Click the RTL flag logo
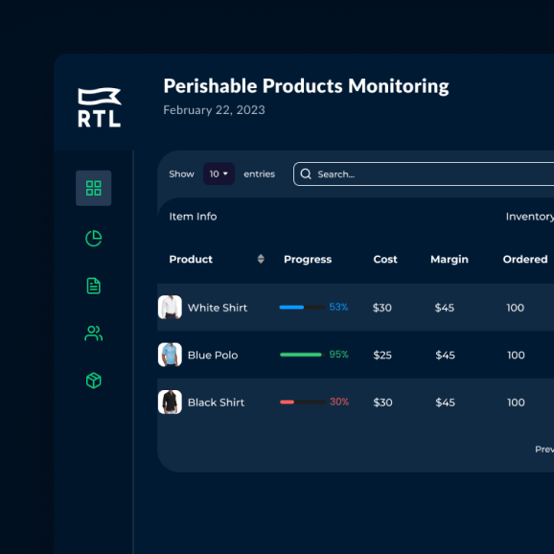coord(100,107)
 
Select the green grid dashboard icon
coord(94,188)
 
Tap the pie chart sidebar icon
coord(94,238)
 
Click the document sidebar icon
coord(94,286)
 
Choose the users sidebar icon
coord(94,334)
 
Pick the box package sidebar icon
coord(94,381)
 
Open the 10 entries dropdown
coord(219,173)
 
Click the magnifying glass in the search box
coord(306,173)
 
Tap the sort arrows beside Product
coord(261,259)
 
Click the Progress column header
coord(308,259)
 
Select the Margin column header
coord(450,259)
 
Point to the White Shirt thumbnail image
coord(170,307)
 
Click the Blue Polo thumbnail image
coord(170,355)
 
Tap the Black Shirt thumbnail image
coord(170,402)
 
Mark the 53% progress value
coord(338,307)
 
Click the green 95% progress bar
coord(301,355)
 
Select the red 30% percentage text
coord(339,402)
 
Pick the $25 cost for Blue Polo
coord(382,355)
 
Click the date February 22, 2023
coord(214,110)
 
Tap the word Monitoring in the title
coord(399,86)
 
